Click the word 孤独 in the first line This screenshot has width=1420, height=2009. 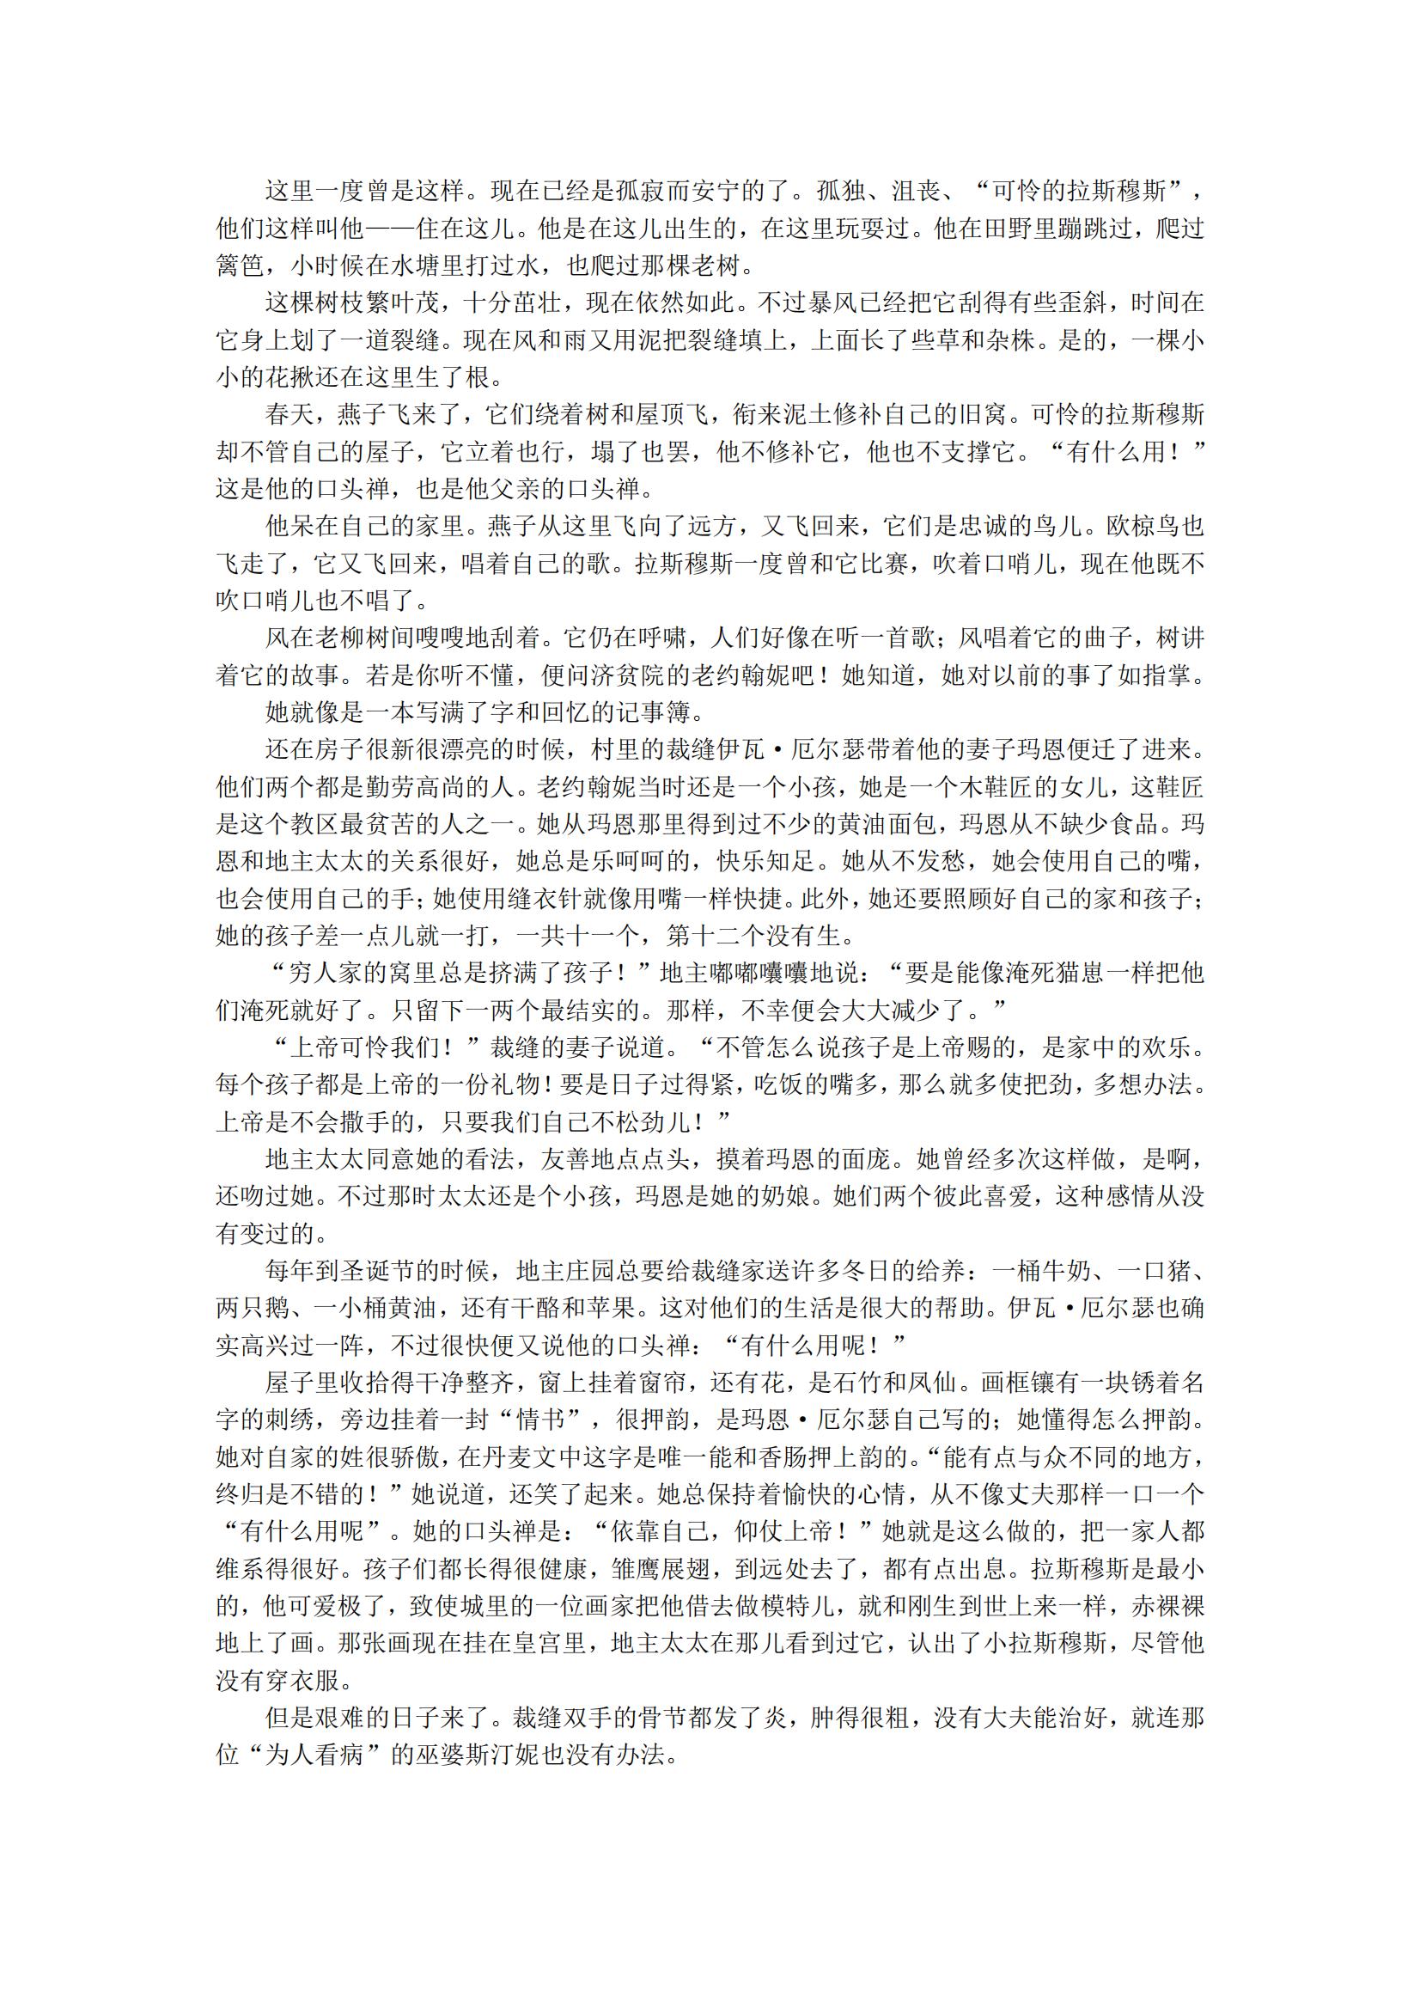coord(841,191)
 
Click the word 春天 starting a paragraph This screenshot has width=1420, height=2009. coord(290,415)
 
